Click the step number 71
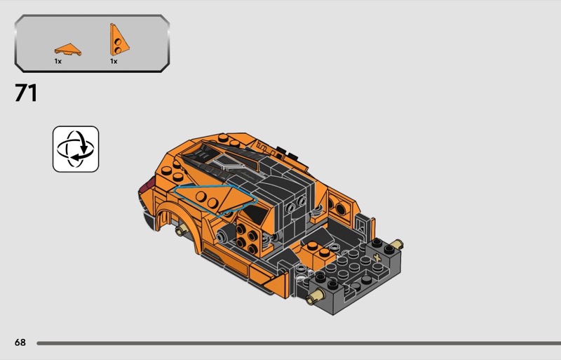[x=26, y=93]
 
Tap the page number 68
[x=20, y=342]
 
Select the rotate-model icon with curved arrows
[x=76, y=149]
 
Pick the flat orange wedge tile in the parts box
[x=68, y=49]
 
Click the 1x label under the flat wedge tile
[x=58, y=62]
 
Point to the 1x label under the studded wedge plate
[x=114, y=62]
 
